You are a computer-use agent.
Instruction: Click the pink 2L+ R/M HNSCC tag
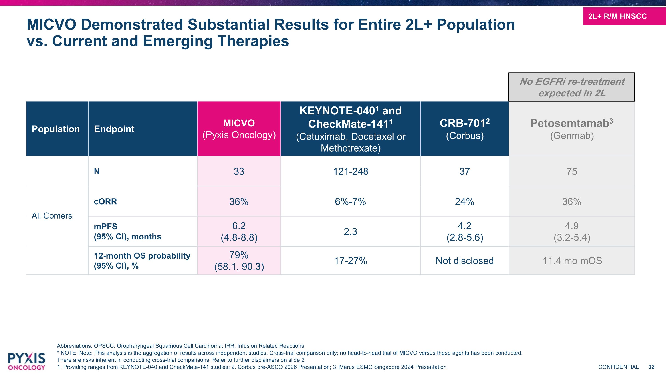624,16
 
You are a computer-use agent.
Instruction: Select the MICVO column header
239,129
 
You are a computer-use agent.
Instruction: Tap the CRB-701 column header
465,129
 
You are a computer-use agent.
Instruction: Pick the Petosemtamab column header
572,129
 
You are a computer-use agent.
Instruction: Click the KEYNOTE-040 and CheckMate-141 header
351,129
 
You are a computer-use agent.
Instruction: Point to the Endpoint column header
114,129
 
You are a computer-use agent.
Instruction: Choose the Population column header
55,129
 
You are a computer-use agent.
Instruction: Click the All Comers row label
52,216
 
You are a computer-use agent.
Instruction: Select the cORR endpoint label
105,201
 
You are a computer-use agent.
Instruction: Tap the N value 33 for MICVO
239,171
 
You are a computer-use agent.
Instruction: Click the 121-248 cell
351,171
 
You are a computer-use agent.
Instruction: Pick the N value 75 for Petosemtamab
572,171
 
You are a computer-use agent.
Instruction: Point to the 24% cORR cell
465,201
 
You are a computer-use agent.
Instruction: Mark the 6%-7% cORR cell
350,201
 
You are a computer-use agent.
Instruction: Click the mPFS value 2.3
350,231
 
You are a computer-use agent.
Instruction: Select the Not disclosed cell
465,261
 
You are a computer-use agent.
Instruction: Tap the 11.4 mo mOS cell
572,261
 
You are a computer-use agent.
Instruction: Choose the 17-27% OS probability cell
351,261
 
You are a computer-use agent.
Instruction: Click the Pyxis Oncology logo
26,361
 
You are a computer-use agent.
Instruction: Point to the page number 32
652,367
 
